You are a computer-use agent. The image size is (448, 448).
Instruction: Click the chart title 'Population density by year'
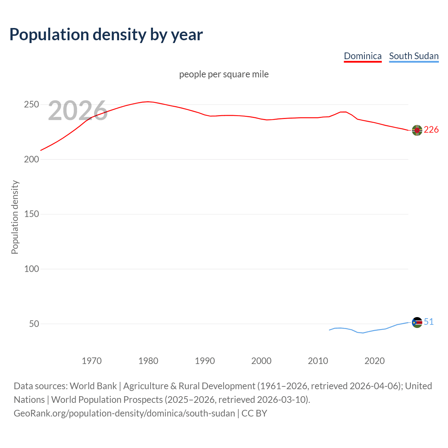pos(106,34)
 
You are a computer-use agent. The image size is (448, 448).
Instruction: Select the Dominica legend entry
pos(363,56)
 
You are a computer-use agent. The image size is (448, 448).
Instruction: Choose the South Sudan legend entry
pos(414,56)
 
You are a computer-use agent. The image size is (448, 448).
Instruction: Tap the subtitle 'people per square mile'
pos(224,74)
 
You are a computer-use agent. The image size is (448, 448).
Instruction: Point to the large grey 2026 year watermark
pos(78,111)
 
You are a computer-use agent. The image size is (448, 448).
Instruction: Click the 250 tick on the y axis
pos(31,105)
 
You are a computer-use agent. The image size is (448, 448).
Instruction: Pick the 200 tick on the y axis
pos(31,159)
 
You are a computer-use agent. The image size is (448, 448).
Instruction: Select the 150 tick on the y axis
pos(31,214)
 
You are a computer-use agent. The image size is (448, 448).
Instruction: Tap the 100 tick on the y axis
pos(31,269)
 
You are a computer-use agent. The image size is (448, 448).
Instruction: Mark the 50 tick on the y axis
pos(34,324)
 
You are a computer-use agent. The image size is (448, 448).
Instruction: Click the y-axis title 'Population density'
pos(15,217)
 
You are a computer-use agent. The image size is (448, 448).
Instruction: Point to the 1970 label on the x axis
pos(92,361)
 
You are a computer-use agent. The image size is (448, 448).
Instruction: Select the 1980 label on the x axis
pos(148,361)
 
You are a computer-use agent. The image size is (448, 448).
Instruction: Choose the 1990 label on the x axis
pos(205,361)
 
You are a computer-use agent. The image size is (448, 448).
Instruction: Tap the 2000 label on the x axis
pos(261,361)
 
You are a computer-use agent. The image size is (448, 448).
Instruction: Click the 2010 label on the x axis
pos(318,361)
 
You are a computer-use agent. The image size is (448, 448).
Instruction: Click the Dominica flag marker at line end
pos(417,130)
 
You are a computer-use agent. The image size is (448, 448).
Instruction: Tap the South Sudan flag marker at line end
pos(417,322)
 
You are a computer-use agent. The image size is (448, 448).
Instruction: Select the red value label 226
pos(431,130)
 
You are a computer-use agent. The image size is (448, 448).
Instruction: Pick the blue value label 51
pos(429,322)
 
